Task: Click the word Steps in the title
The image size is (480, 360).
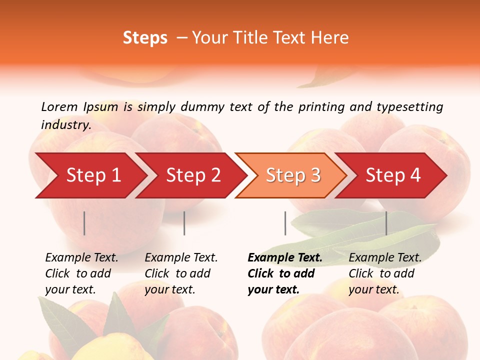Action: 145,38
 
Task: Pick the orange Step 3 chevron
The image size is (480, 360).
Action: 293,175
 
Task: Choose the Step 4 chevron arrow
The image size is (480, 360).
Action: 393,175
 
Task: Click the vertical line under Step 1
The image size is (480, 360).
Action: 84,223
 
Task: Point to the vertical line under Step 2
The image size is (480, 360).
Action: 184,223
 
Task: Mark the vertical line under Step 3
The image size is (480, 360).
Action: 285,223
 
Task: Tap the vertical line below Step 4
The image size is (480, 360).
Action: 386,223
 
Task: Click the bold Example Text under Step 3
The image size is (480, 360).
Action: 285,258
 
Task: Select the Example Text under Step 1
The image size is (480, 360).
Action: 81,258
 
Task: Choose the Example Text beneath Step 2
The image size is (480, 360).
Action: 181,258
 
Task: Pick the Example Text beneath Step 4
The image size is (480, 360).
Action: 385,258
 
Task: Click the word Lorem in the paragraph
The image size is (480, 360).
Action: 59,106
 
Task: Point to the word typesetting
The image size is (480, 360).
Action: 409,107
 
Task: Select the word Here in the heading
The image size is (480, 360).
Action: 331,38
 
